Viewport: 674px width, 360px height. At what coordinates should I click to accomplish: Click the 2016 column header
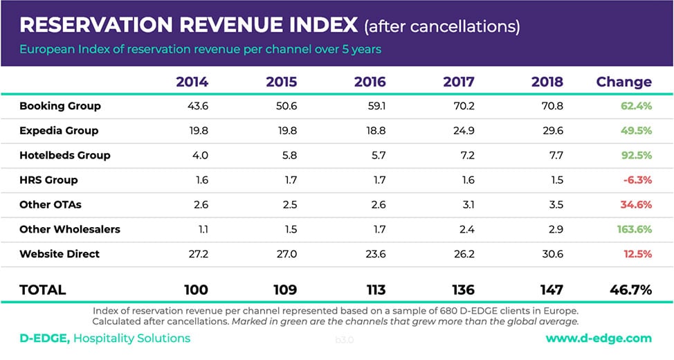point(370,82)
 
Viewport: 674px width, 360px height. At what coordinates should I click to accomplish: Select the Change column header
point(623,82)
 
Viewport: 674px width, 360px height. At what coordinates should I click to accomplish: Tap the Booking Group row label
point(60,106)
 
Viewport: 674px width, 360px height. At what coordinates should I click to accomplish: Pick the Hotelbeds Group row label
point(65,155)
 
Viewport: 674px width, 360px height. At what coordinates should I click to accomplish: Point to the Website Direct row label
point(60,253)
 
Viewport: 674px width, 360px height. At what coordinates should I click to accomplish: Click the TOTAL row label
point(43,289)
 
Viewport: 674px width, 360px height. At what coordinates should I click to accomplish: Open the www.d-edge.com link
point(599,339)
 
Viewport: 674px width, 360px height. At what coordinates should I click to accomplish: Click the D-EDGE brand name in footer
point(44,339)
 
